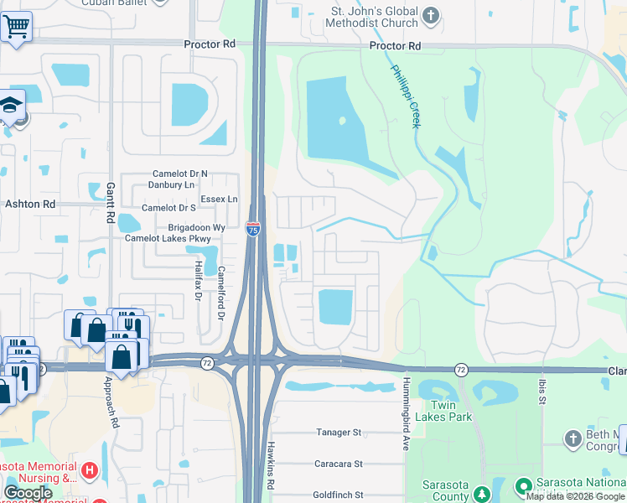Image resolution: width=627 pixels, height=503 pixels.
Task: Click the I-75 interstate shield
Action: click(252, 228)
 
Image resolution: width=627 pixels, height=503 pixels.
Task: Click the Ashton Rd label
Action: click(30, 204)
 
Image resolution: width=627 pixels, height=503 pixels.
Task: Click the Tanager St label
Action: click(338, 433)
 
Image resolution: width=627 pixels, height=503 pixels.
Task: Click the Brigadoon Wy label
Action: click(196, 227)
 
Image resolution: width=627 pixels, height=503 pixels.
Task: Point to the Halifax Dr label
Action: click(199, 278)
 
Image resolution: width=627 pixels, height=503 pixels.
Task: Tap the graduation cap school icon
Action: click(11, 105)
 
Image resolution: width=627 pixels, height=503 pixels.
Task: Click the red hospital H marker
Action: click(91, 473)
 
